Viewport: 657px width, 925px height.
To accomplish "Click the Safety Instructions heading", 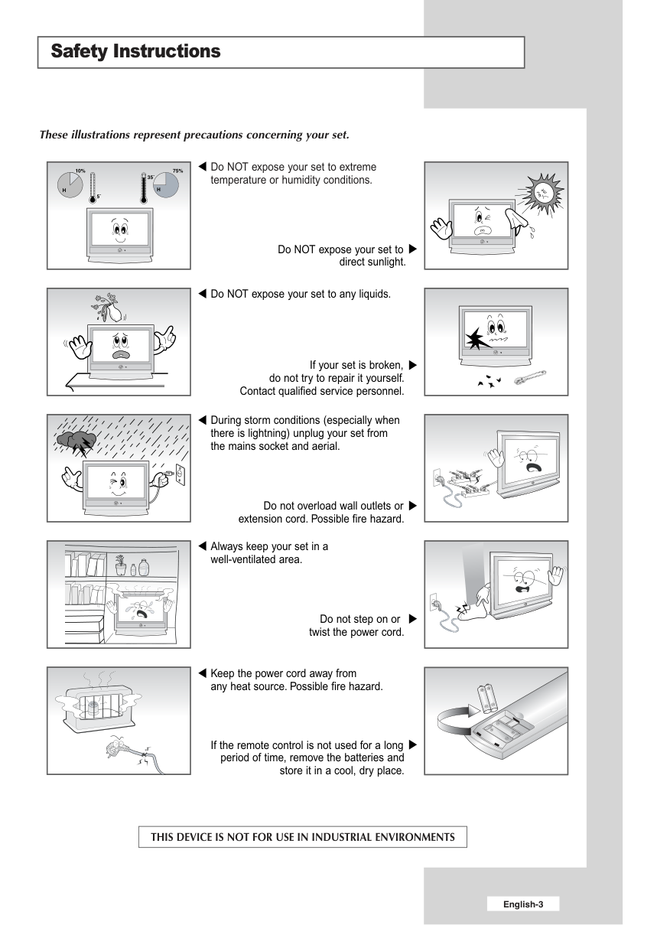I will click(135, 51).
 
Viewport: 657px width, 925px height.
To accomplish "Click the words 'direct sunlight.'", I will click(372, 262).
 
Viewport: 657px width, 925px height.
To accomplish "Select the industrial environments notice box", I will click(303, 836).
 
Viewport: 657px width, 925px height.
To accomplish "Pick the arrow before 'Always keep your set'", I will click(202, 546).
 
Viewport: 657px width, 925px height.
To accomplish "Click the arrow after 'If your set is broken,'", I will click(413, 365).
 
